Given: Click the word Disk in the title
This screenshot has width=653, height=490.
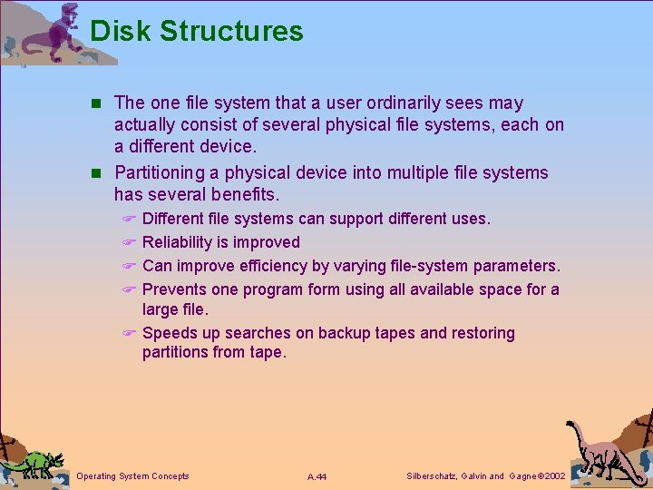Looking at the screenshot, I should pyautogui.click(x=121, y=31).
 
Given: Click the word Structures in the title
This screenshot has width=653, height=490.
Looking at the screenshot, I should pyautogui.click(x=231, y=31).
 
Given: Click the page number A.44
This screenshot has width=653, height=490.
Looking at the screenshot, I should pyautogui.click(x=317, y=476).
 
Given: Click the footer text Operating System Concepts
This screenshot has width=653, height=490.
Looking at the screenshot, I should pyautogui.click(x=133, y=476).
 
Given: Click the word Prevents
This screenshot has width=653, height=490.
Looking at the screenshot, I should pyautogui.click(x=175, y=289).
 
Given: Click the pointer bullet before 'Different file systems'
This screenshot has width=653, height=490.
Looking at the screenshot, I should pyautogui.click(x=129, y=220).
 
